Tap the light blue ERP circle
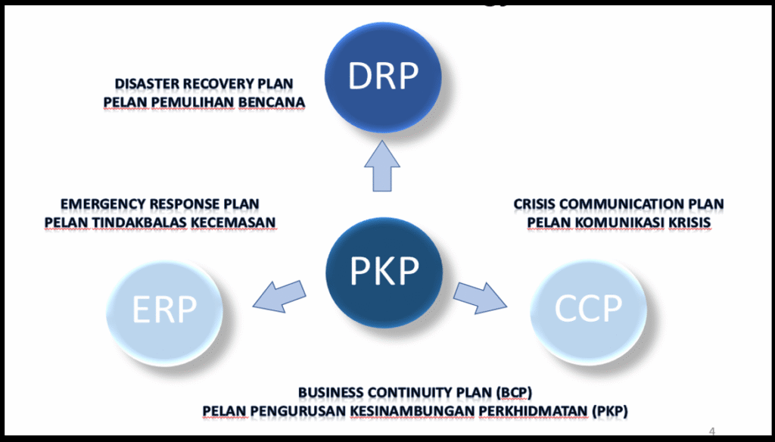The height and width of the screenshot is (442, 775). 165,309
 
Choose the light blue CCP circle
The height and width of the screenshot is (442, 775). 589,309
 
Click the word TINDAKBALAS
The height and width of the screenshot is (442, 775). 139,222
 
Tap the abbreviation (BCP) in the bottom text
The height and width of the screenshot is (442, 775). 515,393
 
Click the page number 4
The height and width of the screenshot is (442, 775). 712,431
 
